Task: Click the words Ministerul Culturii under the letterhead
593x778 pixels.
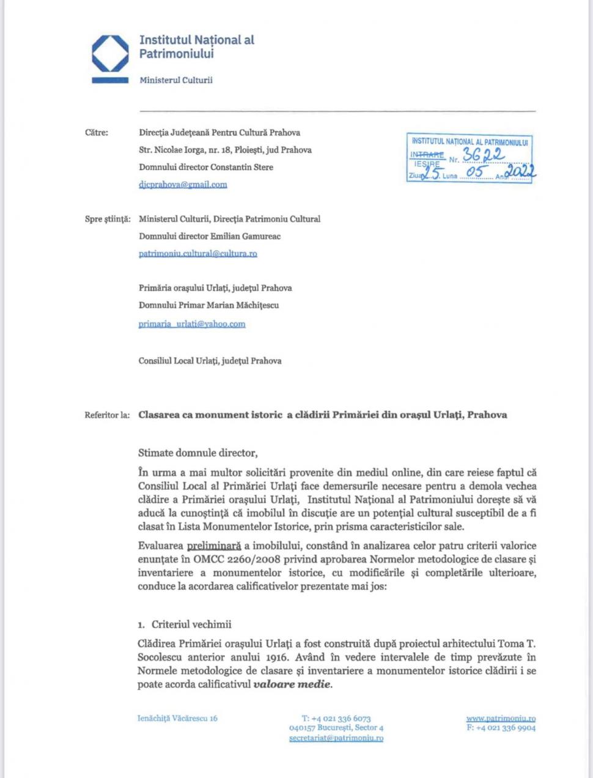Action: point(175,80)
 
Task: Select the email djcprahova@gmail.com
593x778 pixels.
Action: point(183,184)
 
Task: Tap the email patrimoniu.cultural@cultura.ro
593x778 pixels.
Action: point(197,253)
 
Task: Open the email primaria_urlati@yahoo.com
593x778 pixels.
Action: point(191,324)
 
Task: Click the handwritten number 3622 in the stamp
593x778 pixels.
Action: point(483,155)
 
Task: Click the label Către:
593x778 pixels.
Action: point(97,133)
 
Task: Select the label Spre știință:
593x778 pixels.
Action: point(107,219)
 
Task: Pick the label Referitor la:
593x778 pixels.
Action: point(107,415)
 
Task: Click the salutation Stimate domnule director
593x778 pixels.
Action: point(197,453)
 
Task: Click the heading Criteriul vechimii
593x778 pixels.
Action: point(191,624)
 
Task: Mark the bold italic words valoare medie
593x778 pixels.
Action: point(292,684)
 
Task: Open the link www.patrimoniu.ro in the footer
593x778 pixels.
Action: point(500,718)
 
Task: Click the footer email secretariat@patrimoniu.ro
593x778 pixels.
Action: point(336,738)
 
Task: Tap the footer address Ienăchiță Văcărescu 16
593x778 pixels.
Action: point(177,718)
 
